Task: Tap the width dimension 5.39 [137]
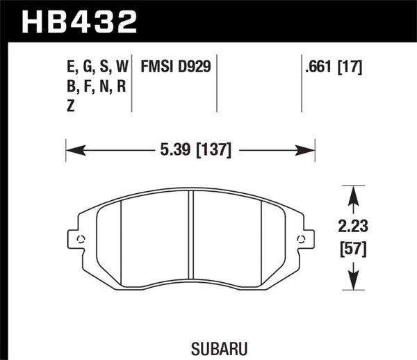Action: click(x=190, y=149)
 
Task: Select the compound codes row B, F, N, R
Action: click(x=97, y=87)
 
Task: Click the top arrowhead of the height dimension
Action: click(x=353, y=192)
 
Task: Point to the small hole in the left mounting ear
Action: click(x=81, y=240)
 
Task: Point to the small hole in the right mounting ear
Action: click(x=301, y=240)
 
